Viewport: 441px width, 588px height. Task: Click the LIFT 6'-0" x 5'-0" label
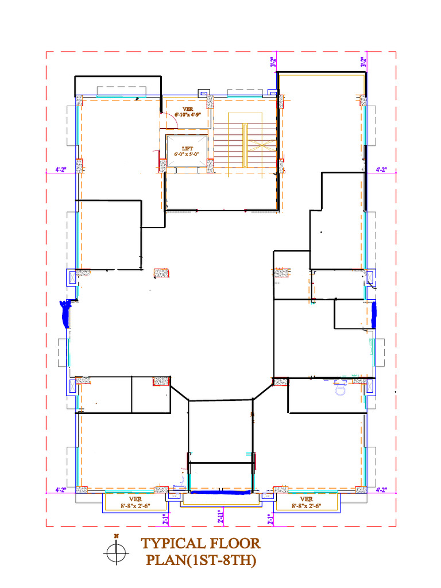(186, 151)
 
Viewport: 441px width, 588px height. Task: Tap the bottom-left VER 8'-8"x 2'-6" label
(135, 503)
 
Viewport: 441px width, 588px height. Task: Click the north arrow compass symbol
(117, 552)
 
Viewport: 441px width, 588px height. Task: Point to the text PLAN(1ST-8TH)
(200, 560)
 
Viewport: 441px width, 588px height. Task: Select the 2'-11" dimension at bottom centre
(220, 516)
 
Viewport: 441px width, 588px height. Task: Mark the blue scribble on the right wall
(374, 315)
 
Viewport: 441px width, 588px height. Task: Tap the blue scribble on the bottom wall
(220, 492)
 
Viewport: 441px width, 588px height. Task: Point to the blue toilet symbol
(339, 388)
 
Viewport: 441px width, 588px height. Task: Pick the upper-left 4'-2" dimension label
(61, 169)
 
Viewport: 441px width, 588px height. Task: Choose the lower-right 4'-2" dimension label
(381, 490)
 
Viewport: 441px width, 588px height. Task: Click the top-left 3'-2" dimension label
(274, 62)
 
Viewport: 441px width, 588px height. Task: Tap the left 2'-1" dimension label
(165, 519)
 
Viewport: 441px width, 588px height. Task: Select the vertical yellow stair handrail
(245, 145)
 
